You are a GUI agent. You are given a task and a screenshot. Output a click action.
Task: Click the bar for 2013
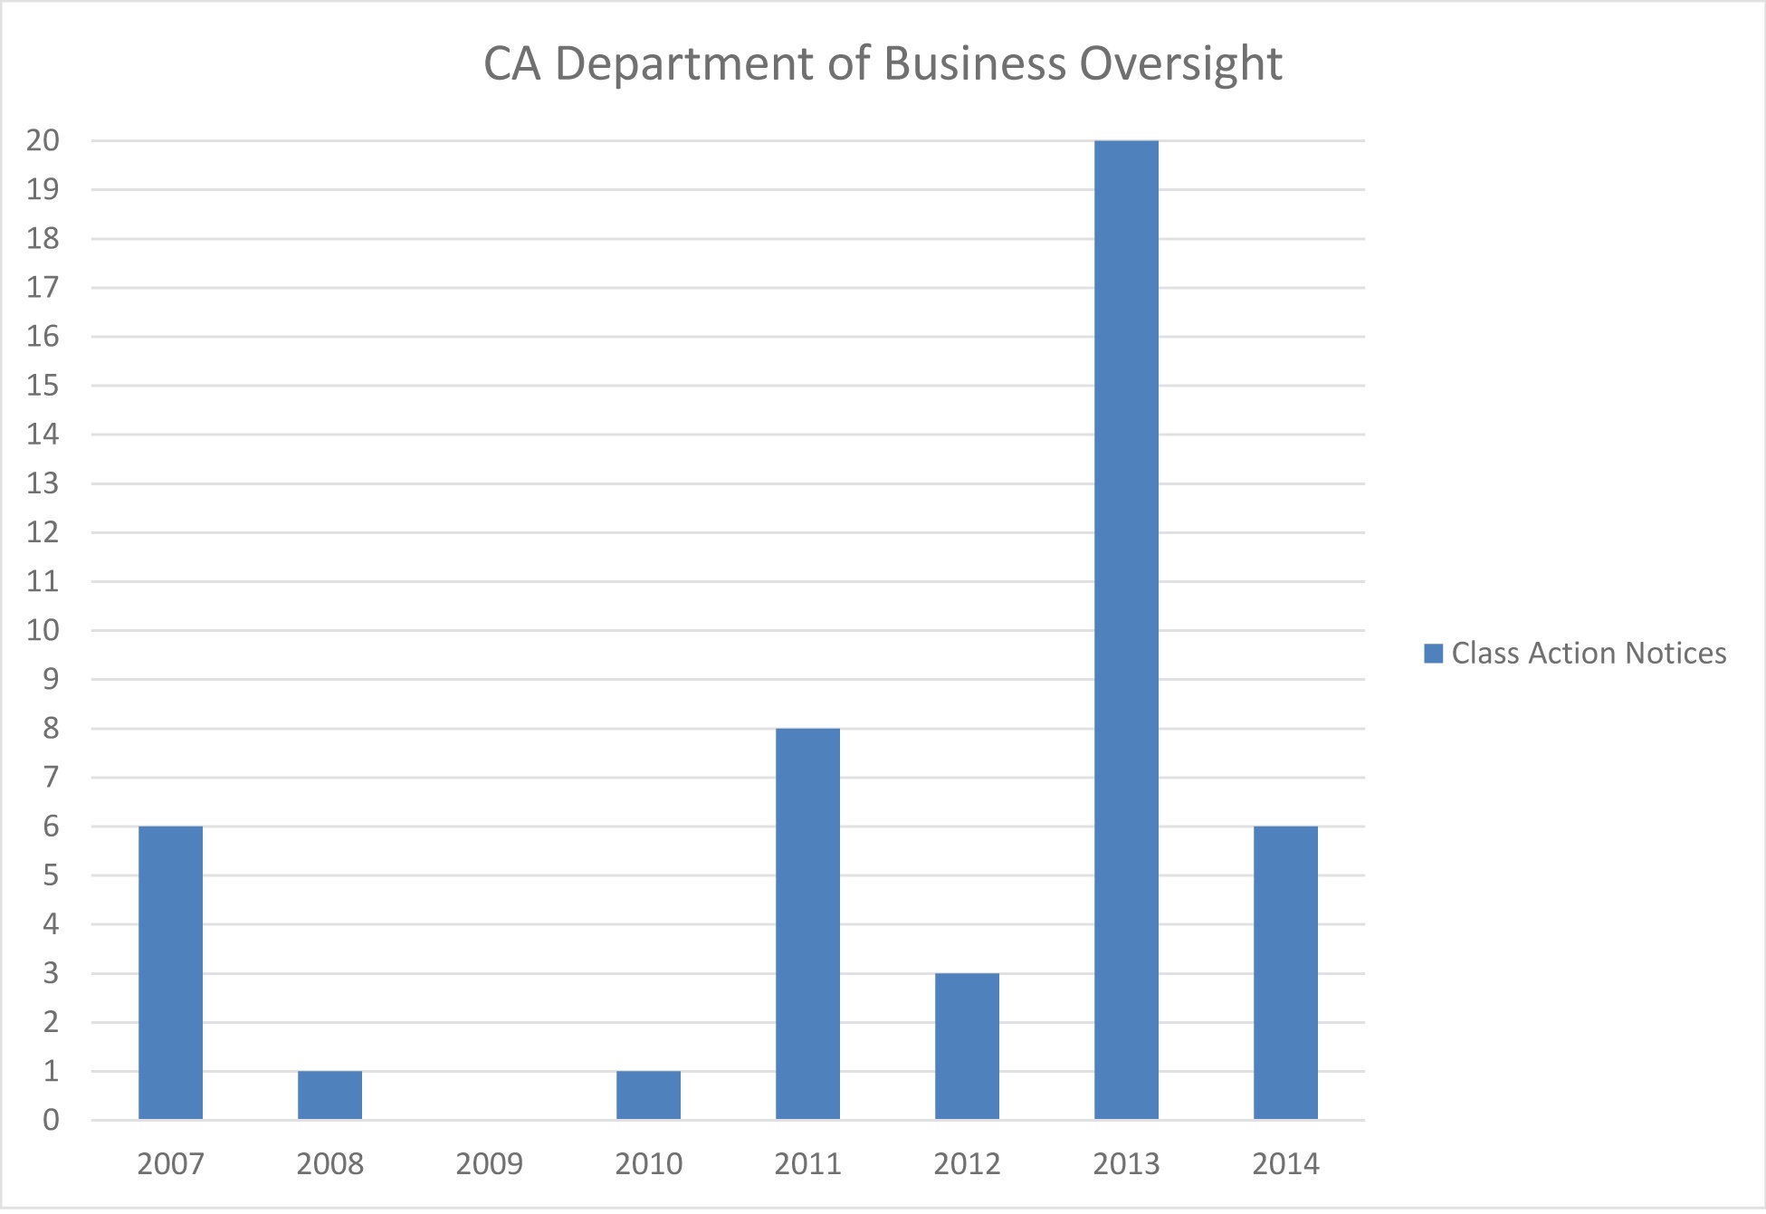tap(1125, 629)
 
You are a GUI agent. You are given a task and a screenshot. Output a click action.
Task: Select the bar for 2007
tap(170, 972)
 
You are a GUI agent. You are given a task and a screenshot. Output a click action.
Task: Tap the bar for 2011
tap(807, 923)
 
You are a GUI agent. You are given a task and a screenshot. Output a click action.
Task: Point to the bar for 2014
tap(1285, 972)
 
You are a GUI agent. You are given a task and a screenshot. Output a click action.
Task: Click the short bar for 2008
tap(329, 1095)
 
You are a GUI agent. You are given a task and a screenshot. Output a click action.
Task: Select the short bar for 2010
tap(648, 1095)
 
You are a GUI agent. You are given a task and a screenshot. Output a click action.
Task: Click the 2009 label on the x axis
tap(489, 1163)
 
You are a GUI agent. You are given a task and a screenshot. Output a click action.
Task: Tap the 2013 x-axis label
tap(1125, 1163)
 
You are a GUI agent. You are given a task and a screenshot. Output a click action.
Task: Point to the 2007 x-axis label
tap(170, 1163)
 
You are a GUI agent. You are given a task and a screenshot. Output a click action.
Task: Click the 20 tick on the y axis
tap(43, 140)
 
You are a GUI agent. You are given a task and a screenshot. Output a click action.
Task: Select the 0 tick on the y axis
tap(51, 1121)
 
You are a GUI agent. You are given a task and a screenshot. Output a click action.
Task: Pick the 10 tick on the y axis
tap(43, 630)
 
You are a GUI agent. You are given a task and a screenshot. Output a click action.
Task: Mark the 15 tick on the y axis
tap(43, 386)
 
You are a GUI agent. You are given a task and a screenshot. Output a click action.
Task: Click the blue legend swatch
tap(1433, 654)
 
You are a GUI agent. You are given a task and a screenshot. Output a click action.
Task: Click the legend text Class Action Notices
tap(1589, 654)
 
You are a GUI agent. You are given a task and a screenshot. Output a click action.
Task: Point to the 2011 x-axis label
tap(807, 1163)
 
